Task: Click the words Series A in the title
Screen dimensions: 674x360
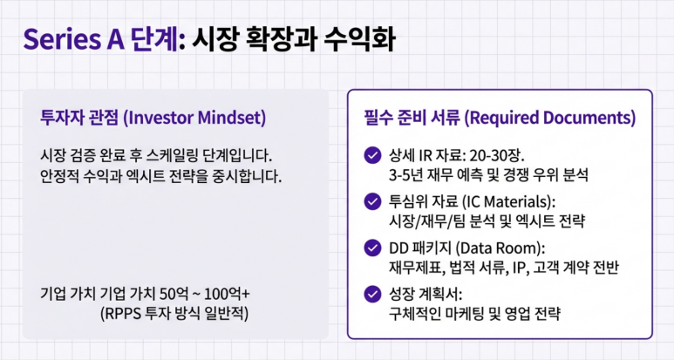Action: [73, 39]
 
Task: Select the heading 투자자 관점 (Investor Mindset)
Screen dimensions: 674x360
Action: [153, 118]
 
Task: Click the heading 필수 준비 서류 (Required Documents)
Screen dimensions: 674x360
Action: [500, 118]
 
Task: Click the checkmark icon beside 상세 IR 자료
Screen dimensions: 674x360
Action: [372, 155]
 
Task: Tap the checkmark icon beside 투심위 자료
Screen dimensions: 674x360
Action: [372, 201]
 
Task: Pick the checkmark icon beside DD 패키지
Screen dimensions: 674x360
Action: [372, 248]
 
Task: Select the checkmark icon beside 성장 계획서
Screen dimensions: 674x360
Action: [372, 295]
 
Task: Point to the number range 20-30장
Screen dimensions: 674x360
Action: [497, 155]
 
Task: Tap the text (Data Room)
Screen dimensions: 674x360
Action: [500, 248]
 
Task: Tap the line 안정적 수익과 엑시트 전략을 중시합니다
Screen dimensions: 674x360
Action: [160, 176]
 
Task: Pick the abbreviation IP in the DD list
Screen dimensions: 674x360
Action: [520, 268]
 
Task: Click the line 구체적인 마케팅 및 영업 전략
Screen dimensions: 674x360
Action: [474, 313]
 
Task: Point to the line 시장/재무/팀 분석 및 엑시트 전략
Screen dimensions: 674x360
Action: [487, 221]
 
